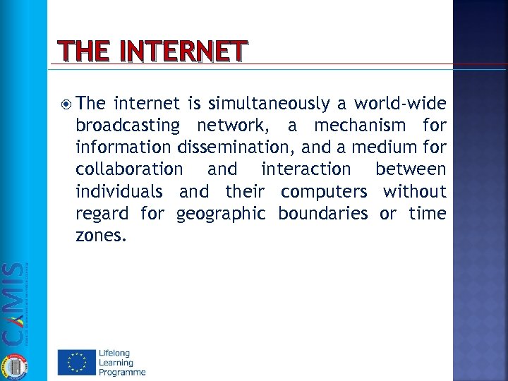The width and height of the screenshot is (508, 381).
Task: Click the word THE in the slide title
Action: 79,52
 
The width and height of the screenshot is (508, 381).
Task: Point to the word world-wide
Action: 400,104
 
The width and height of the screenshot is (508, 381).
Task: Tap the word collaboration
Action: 128,170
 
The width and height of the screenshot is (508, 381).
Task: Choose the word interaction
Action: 306,170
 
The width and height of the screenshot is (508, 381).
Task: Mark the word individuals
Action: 119,192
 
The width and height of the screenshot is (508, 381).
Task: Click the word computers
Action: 324,192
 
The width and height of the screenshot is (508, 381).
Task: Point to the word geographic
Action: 222,214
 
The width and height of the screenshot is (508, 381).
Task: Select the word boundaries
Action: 323,214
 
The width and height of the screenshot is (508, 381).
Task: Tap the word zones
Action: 101,236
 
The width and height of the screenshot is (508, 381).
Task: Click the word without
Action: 415,192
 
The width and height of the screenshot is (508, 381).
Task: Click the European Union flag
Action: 75,363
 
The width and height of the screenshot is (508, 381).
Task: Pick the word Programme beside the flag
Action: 122,372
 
